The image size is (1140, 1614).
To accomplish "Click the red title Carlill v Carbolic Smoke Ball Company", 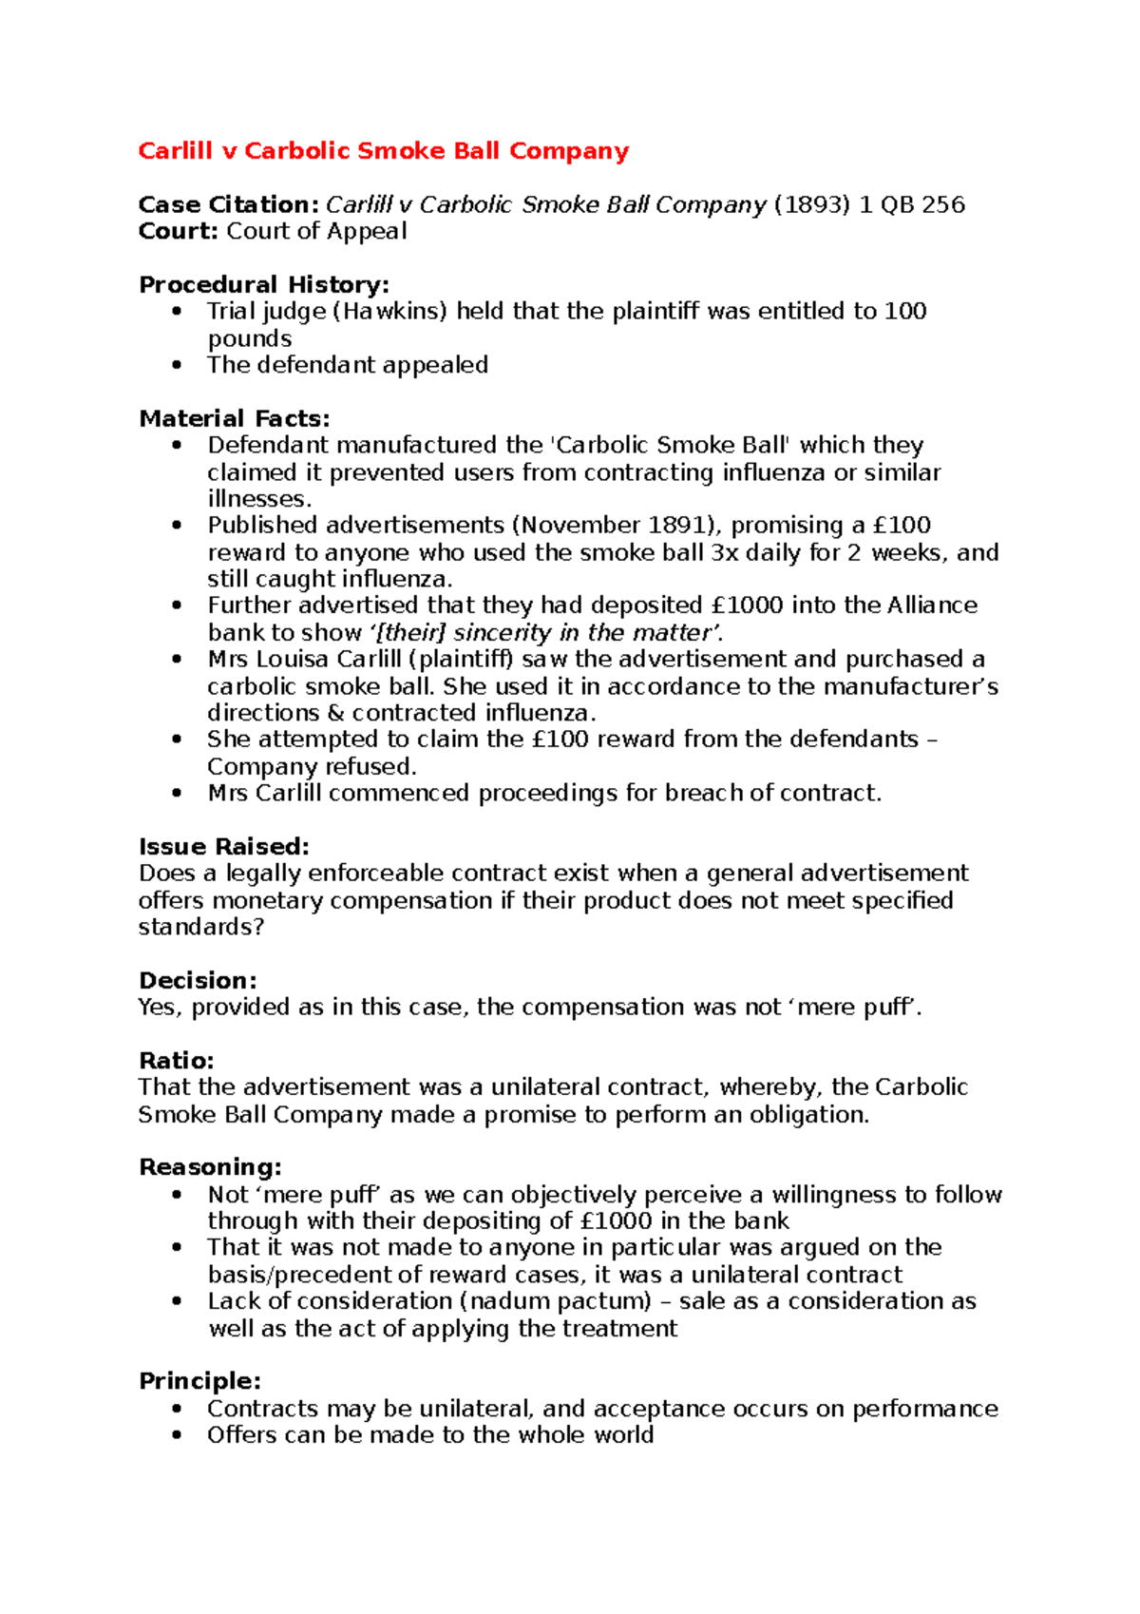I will point(383,151).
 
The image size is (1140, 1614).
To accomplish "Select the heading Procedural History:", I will point(264,284).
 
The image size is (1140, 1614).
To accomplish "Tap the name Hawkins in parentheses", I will point(389,311).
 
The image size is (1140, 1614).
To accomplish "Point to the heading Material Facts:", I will point(234,418).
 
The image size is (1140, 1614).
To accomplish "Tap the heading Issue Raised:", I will point(224,846).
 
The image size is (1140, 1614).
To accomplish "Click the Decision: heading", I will point(198,980).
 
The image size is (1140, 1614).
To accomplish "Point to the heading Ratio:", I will point(177,1060).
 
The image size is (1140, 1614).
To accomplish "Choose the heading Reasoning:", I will point(210,1166).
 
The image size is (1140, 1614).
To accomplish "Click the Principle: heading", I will point(199,1380).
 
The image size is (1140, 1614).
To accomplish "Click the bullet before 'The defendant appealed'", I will point(177,365).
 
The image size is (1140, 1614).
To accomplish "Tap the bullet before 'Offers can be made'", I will point(177,1434).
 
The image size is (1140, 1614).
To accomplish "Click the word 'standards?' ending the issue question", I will point(200,927).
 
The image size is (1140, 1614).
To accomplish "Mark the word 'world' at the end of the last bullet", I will point(623,1434).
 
